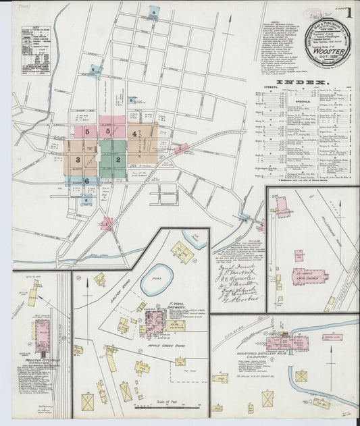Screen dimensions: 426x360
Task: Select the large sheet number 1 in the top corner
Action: [349, 12]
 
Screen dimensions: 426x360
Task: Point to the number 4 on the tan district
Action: [135, 134]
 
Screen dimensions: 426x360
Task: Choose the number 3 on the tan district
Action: [78, 160]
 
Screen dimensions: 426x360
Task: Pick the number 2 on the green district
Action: [118, 160]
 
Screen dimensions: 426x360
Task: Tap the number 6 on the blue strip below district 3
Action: [86, 181]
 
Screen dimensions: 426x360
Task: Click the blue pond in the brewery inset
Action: [157, 279]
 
